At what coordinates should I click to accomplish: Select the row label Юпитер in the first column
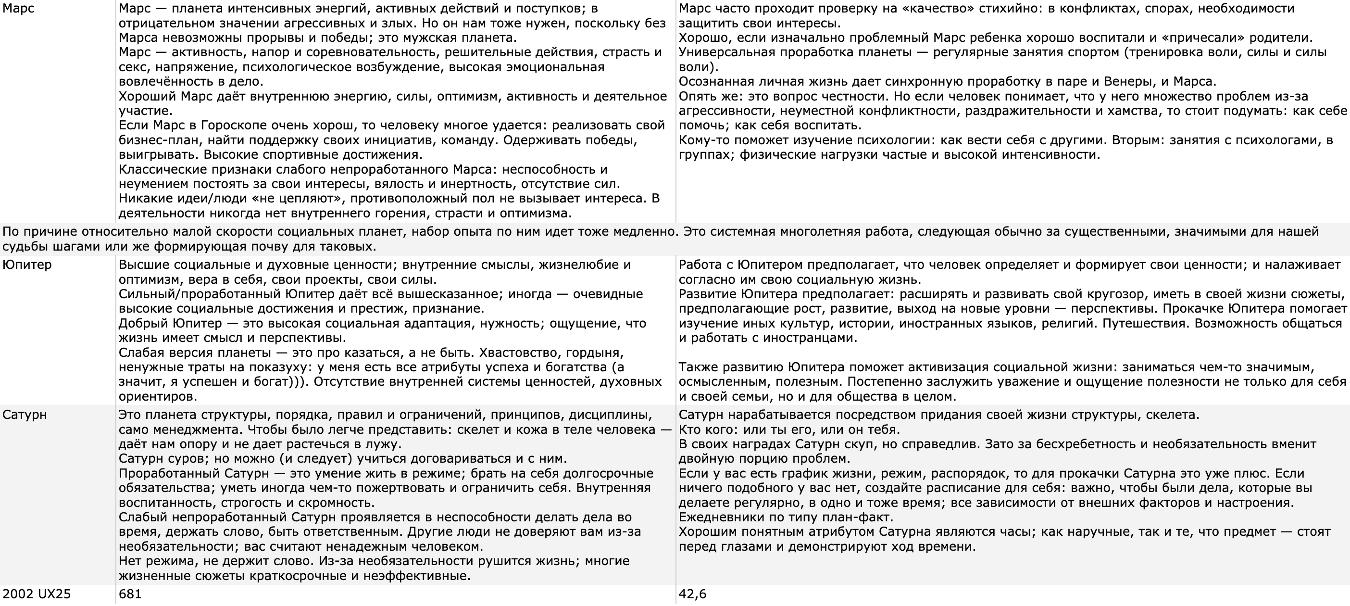pos(27,265)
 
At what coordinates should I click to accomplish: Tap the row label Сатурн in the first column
pos(25,415)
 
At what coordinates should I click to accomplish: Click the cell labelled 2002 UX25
pos(37,594)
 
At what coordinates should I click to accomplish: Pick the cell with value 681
pos(130,594)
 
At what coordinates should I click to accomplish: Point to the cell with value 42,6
pos(692,594)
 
